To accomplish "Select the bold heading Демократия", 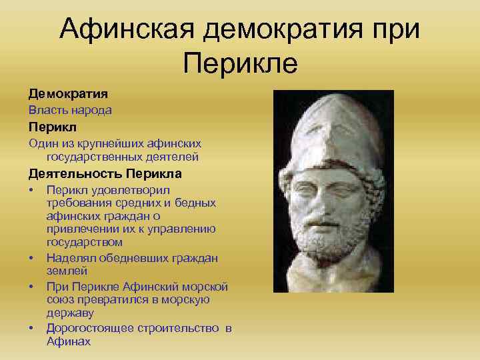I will [x=63, y=94].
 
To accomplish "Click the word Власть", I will [x=47, y=110].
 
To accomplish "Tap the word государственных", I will [x=91, y=157].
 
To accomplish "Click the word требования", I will [x=80, y=203].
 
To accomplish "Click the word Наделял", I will [x=71, y=258].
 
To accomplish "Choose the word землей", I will [x=67, y=271].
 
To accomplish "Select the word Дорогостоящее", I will [x=90, y=328].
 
